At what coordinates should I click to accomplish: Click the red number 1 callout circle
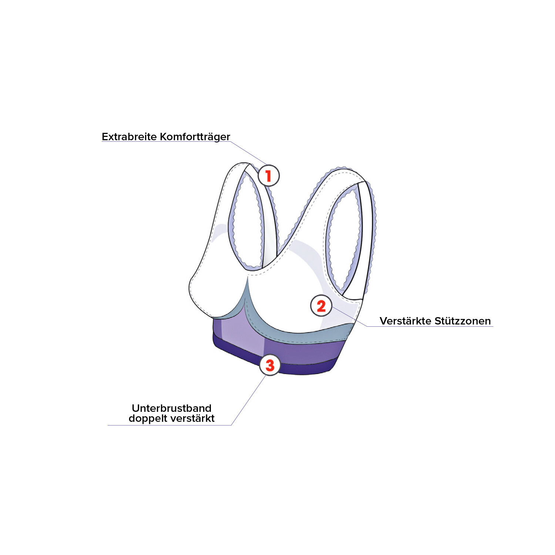(268, 175)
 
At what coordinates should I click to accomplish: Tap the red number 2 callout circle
(321, 306)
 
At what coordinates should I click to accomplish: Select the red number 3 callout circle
(270, 365)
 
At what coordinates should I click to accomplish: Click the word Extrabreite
(129, 137)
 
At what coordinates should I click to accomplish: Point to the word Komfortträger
(195, 137)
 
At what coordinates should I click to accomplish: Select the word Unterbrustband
(171, 408)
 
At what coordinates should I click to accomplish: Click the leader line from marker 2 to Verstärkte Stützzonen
(350, 317)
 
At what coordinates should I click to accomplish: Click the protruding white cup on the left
(207, 292)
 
